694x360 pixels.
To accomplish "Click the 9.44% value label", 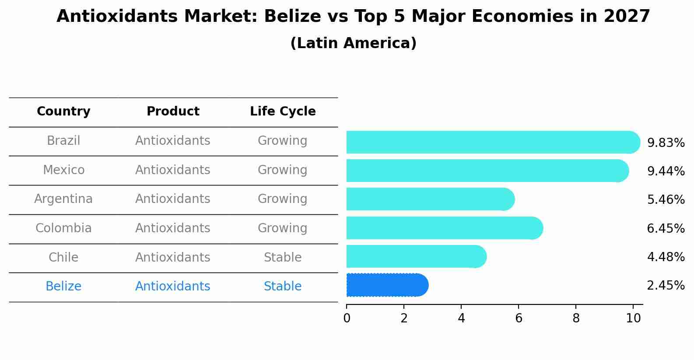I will click(x=666, y=171).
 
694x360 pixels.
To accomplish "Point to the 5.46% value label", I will click(x=666, y=199).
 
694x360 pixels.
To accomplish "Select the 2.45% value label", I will click(x=666, y=286).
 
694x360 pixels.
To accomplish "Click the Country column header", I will click(x=63, y=112).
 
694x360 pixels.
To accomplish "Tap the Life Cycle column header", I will click(x=283, y=112).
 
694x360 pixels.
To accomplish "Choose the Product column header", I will click(x=173, y=112).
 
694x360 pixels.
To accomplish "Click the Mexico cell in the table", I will click(x=63, y=170).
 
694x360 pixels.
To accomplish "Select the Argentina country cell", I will click(x=63, y=199).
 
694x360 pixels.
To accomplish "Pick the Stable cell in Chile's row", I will click(x=283, y=257).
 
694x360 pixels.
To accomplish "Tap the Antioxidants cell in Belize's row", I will click(x=173, y=287).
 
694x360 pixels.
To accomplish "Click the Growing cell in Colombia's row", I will click(x=283, y=228).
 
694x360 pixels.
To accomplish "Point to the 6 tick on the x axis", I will click(x=519, y=318).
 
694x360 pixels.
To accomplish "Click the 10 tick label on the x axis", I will click(x=633, y=318).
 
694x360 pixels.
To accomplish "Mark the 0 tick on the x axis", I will click(x=347, y=318).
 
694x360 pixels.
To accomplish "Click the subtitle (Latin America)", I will click(x=353, y=43).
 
